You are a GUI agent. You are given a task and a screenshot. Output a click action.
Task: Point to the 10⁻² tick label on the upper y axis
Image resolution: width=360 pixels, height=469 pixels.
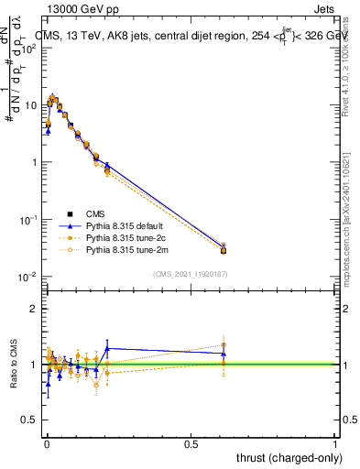pos(28,277)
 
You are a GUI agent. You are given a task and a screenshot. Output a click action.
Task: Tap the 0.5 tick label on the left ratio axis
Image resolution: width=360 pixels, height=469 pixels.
pos(29,420)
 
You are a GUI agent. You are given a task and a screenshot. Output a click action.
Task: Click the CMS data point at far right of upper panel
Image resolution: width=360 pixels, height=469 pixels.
pos(224,250)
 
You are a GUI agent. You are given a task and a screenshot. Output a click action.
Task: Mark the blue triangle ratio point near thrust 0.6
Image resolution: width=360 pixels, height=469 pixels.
pos(224,354)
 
